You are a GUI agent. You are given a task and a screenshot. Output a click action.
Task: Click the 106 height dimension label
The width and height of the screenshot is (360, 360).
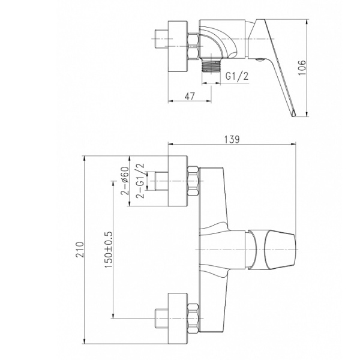click(x=302, y=67)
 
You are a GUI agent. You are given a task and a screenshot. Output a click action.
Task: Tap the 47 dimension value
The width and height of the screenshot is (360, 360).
click(x=190, y=96)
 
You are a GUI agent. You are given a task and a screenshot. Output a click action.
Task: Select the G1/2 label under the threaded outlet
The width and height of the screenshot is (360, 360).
click(x=237, y=76)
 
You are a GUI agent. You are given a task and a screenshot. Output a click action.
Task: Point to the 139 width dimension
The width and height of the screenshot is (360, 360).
click(x=232, y=139)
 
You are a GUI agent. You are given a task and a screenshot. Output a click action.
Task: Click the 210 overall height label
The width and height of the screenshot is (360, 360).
click(x=80, y=250)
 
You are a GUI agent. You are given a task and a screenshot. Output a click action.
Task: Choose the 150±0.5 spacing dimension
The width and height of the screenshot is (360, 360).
click(x=109, y=250)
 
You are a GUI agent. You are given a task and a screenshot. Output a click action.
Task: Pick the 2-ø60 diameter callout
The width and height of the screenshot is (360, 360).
click(x=125, y=181)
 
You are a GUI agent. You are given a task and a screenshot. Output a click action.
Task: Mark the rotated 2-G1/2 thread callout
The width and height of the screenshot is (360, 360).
click(x=140, y=181)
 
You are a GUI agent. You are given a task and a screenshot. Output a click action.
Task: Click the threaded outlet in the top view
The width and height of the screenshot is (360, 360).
click(x=211, y=65)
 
